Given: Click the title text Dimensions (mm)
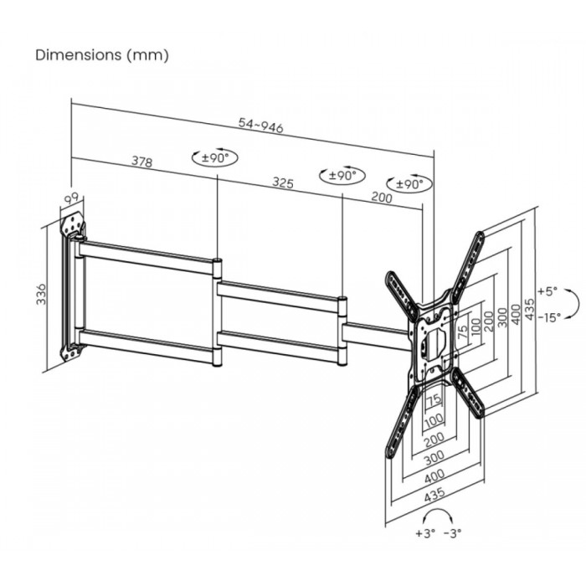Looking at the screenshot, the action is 102,55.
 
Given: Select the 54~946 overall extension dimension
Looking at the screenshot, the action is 261,125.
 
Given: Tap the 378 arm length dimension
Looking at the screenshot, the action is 142,162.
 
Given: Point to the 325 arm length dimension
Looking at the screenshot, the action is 283,182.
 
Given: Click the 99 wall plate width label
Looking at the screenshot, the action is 71,198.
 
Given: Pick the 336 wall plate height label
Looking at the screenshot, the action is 41,294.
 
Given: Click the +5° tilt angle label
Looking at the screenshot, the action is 547,290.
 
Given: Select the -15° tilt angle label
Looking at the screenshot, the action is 549,317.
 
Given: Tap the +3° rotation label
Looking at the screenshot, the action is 425,533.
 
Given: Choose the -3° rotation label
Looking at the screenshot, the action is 453,533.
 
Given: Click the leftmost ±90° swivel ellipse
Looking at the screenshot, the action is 215,157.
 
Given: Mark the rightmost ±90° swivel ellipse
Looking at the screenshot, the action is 409,183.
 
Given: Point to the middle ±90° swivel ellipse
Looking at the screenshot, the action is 342,174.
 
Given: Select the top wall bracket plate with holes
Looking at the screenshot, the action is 74,224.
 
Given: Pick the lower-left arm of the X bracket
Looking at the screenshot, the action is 401,422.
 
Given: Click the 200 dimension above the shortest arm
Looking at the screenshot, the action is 382,197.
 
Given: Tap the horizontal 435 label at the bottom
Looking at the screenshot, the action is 435,494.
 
